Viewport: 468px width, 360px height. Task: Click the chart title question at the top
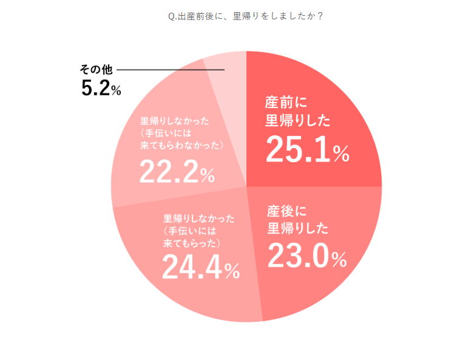coord(245,16)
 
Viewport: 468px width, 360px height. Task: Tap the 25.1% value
coord(297,150)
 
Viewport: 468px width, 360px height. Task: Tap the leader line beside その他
coord(171,70)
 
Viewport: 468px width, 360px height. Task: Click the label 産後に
coord(288,212)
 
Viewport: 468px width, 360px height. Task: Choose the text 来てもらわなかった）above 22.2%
coord(182,146)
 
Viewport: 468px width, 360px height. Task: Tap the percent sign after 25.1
coord(341,154)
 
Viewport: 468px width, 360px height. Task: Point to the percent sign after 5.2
coord(115,91)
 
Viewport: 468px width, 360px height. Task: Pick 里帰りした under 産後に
coord(297,229)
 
